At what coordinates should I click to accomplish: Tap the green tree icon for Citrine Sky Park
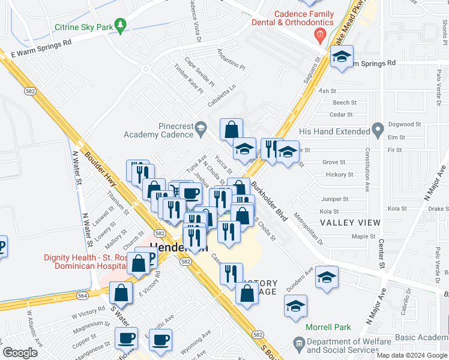[x=121, y=24]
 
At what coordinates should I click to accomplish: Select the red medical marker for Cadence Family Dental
[x=321, y=35]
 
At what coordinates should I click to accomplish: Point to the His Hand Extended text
[x=334, y=131]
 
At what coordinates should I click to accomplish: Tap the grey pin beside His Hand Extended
[x=378, y=129]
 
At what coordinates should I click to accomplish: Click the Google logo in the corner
[x=20, y=353]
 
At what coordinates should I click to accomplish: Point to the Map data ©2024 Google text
[x=411, y=355]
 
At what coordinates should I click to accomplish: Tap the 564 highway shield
[x=82, y=295]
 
